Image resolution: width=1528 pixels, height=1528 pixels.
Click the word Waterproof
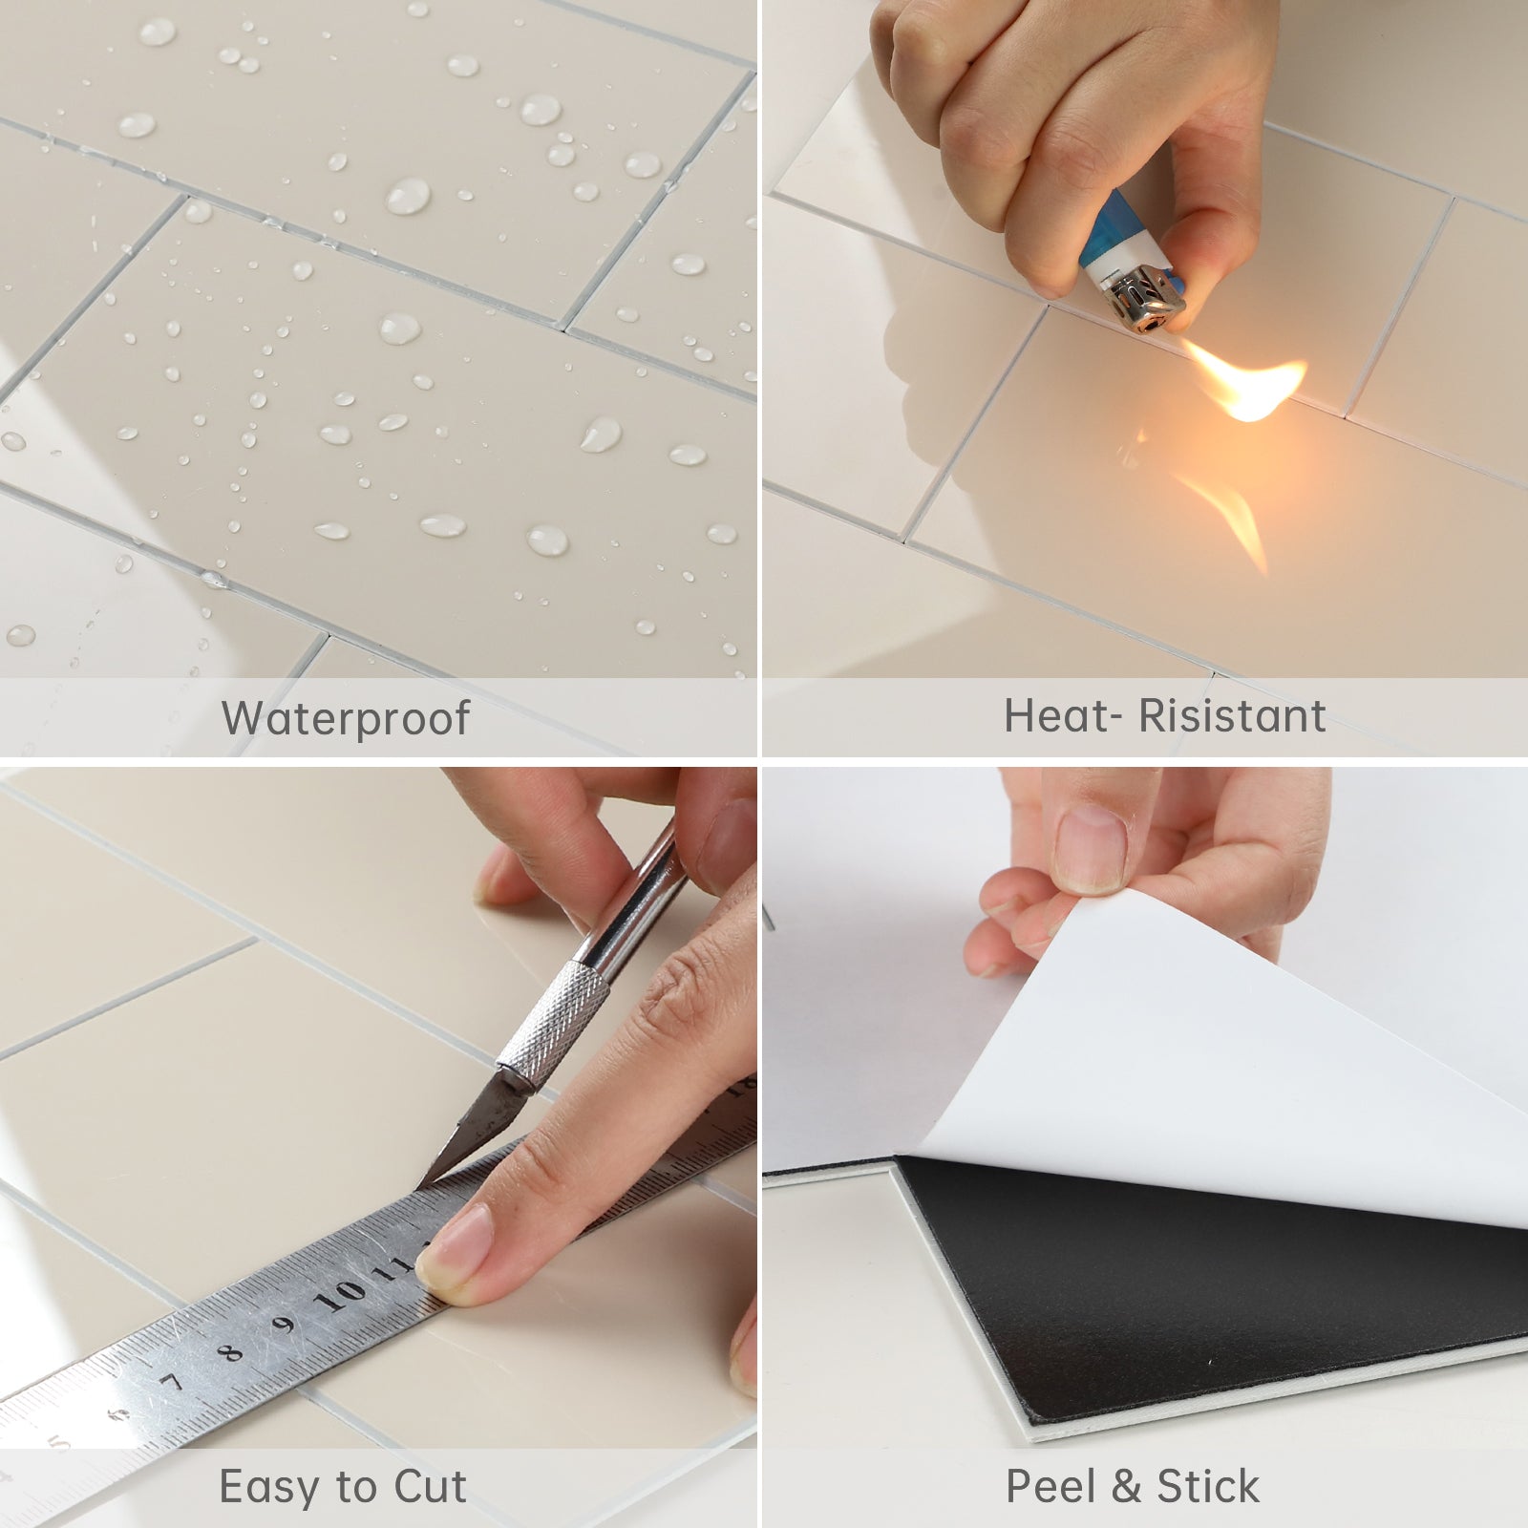click(346, 718)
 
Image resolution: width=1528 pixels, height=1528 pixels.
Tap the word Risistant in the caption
click(1233, 716)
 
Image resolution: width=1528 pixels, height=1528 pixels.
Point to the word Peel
click(1050, 1487)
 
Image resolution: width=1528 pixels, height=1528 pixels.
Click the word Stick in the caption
click(1208, 1487)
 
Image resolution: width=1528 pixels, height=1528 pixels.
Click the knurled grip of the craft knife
click(554, 1022)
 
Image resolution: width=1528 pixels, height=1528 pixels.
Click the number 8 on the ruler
click(230, 1350)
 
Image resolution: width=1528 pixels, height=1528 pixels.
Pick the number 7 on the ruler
click(172, 1381)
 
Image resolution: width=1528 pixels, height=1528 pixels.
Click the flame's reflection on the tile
click(1232, 516)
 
